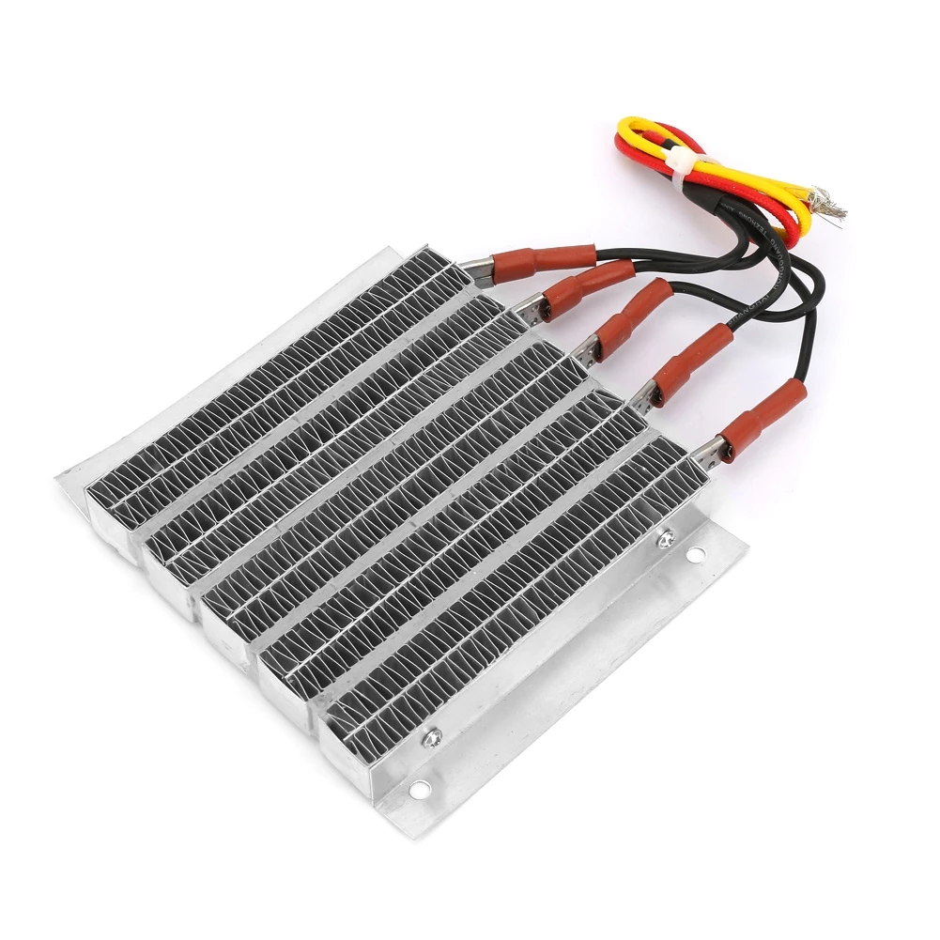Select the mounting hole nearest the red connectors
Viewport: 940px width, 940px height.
point(695,555)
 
